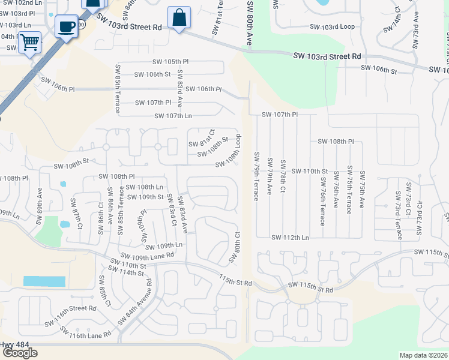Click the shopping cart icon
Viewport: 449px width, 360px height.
pyautogui.click(x=29, y=43)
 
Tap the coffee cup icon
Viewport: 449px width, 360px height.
pyautogui.click(x=65, y=26)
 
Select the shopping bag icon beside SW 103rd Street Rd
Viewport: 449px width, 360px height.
pyautogui.click(x=179, y=17)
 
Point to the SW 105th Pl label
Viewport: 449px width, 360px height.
pyautogui.click(x=170, y=62)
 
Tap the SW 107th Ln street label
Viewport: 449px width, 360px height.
pyautogui.click(x=173, y=116)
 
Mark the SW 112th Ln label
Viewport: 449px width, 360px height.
pyautogui.click(x=290, y=238)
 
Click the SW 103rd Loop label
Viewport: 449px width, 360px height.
pyautogui.click(x=332, y=27)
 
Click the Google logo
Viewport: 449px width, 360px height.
pyautogui.click(x=20, y=353)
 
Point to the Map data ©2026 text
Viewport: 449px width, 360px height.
pyautogui.click(x=423, y=355)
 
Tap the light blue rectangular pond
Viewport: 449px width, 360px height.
pyautogui.click(x=44, y=281)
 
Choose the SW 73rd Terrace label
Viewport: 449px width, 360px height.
pyautogui.click(x=398, y=207)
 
